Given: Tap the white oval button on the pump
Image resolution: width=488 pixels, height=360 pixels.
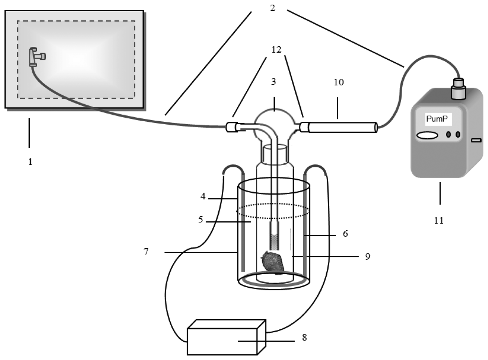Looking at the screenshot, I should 427,135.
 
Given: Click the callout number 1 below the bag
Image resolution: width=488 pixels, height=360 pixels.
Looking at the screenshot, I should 30,162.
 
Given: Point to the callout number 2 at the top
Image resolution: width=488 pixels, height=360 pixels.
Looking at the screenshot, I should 273,8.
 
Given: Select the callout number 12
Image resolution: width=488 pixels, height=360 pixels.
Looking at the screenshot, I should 276,50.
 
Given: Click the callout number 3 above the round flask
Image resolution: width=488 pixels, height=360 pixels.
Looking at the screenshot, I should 274,82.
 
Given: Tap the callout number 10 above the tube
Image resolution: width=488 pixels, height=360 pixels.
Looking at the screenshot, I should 339,82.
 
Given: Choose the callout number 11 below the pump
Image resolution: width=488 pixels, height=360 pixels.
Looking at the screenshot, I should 439,220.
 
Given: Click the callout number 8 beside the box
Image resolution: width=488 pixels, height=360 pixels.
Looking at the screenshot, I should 304,338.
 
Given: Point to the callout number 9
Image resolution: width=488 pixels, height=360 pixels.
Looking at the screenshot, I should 367,257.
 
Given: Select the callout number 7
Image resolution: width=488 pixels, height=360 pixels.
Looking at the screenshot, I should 146,251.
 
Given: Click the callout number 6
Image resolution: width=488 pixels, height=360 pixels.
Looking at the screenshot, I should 345,234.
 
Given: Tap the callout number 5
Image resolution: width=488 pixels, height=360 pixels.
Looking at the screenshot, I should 201,219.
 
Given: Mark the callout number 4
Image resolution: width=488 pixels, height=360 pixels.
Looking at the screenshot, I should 203,197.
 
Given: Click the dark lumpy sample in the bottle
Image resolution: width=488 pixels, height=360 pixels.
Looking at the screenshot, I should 273,262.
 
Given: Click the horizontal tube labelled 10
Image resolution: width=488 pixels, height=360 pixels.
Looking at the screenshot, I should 342,127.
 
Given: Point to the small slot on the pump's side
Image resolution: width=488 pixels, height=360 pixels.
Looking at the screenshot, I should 476,140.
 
